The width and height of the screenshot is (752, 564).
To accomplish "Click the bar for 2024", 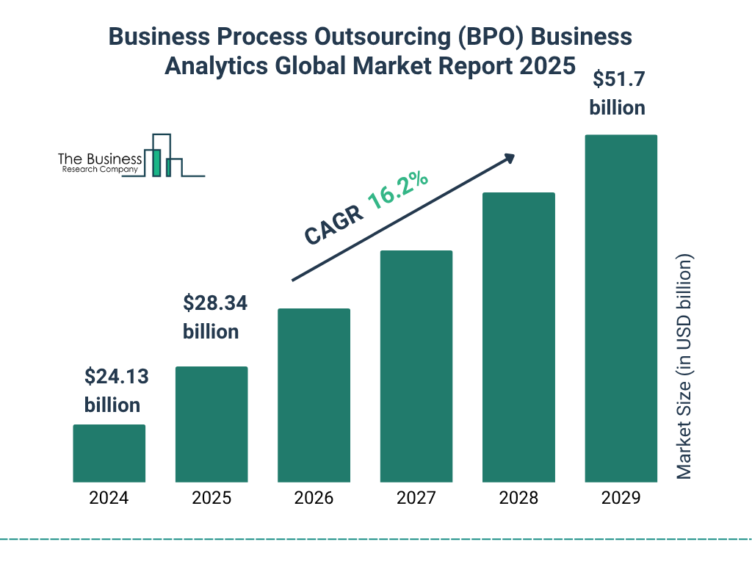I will coord(109,453).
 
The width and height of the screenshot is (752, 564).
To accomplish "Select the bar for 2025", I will coord(211,424).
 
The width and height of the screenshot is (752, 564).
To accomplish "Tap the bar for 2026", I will coord(314,395).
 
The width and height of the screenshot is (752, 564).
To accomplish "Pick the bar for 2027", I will coord(416,366).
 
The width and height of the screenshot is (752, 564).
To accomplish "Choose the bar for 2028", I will coord(518,337).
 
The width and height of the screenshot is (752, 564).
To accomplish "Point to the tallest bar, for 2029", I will coord(621,308).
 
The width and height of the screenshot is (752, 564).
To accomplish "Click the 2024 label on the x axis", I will coord(109,498).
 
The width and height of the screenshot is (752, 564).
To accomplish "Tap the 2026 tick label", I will coord(314,498).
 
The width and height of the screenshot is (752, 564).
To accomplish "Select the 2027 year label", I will coord(416,498).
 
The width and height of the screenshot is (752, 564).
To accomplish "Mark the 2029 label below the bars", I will coord(621,498).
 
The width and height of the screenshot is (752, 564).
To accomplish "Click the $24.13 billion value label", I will coord(114,391).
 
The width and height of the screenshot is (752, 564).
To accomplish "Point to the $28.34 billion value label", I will coord(211,317).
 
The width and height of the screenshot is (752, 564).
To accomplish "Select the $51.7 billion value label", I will coord(618,93).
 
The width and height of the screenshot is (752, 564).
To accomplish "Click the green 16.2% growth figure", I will coord(398,191).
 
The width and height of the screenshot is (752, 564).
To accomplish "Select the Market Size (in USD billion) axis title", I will coord(684,367).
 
